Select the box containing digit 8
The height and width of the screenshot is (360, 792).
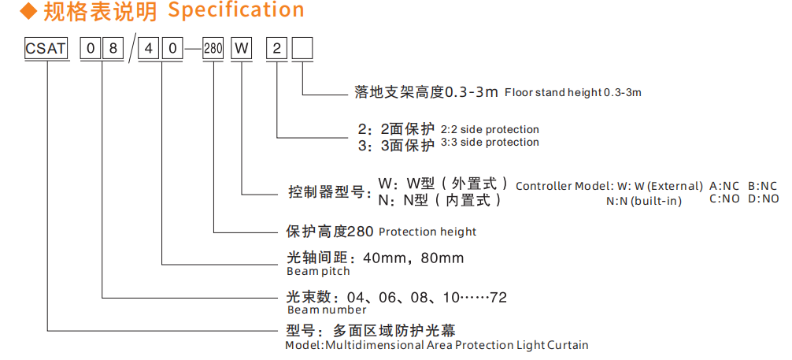113,50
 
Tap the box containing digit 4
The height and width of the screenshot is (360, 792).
148,50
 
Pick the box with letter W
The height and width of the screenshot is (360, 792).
241,50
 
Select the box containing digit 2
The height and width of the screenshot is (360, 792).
276,50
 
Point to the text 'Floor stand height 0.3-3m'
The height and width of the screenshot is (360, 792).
573,92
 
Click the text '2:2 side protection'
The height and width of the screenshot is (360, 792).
490,129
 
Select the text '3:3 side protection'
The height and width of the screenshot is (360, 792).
490,143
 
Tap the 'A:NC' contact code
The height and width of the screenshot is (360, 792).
724,186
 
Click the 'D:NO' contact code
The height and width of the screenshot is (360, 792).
763,199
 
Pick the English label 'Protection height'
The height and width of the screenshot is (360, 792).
427,232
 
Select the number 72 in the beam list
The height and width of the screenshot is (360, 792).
498,298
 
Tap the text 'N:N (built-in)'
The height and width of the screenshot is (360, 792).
644,201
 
